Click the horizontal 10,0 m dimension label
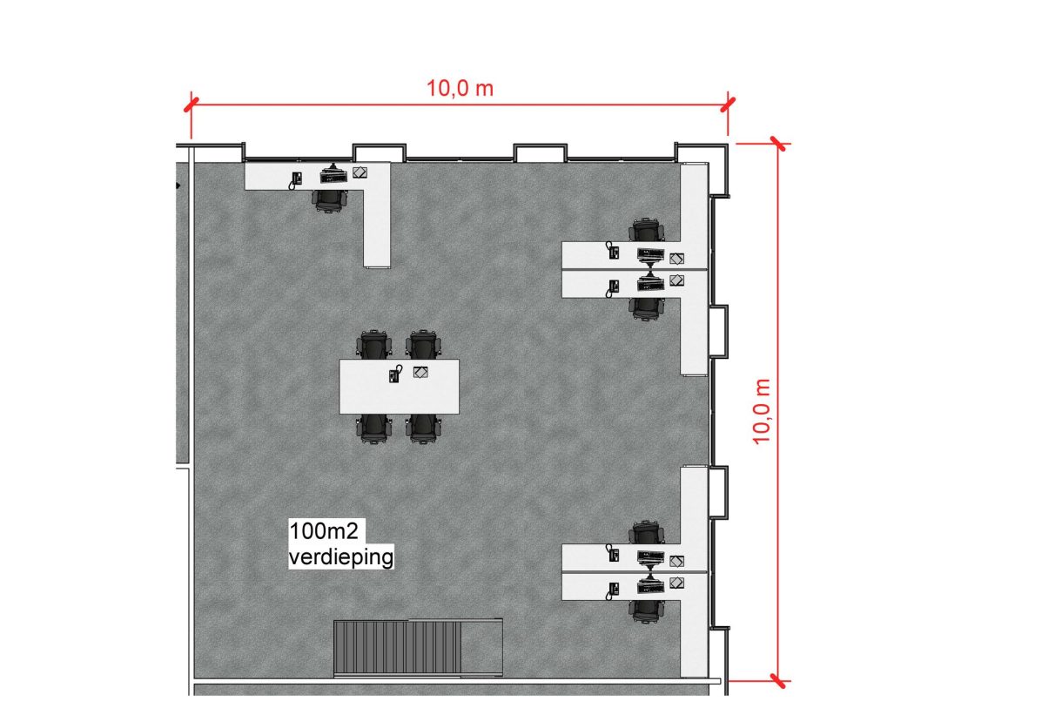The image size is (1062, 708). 460,88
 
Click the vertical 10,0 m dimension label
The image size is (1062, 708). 762,412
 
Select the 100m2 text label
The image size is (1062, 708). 324,531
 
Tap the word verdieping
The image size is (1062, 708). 341,556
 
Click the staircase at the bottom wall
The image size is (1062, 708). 418,648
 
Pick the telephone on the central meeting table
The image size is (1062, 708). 395,374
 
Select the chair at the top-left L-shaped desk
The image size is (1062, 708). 330,201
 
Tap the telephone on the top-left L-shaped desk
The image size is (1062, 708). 296,180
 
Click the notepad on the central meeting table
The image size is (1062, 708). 420,372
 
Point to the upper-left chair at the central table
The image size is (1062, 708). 374,344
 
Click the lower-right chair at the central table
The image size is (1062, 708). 423,428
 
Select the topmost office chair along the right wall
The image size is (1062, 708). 647,230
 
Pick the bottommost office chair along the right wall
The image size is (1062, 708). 647,611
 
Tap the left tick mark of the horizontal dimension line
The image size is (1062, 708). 191,105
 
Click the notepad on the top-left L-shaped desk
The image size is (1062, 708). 360,172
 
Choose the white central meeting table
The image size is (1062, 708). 399,387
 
